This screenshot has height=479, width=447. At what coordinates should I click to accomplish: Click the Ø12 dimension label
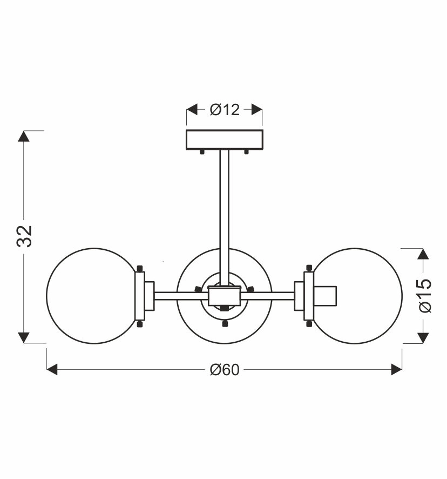point(225,110)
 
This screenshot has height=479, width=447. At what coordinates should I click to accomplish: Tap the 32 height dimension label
point(24,236)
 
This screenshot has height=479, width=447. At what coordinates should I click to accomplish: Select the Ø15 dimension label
point(425,296)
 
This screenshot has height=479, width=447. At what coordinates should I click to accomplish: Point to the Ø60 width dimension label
point(225,370)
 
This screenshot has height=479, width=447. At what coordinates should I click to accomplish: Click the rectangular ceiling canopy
point(225,140)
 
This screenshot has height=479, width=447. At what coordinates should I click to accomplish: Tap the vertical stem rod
point(225,217)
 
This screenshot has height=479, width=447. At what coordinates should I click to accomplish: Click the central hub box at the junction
point(225,296)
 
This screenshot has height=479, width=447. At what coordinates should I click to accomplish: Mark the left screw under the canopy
point(202,152)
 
